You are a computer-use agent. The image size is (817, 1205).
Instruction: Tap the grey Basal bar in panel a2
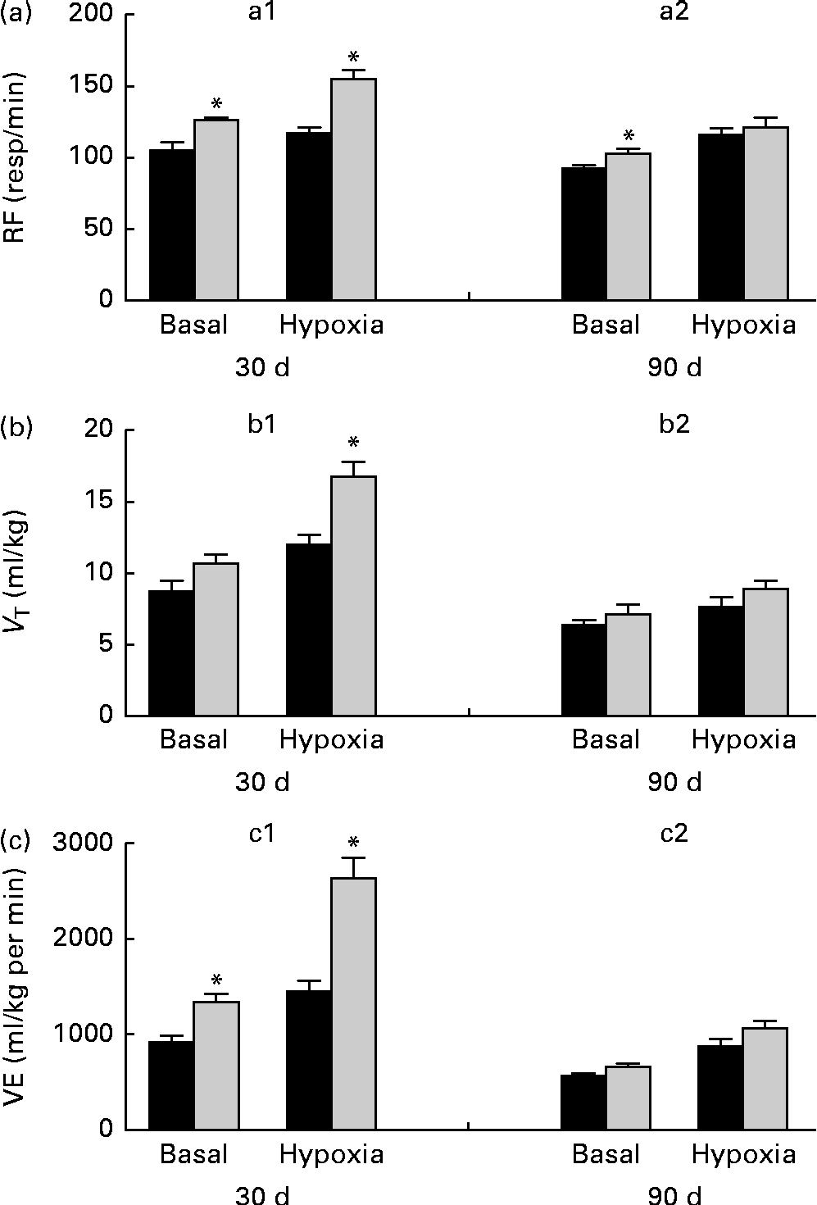coord(629,226)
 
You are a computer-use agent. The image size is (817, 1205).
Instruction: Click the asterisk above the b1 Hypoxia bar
coord(353,443)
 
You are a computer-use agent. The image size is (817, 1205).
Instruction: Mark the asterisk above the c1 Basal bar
coord(216,980)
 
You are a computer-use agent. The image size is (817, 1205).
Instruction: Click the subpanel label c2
coord(674,834)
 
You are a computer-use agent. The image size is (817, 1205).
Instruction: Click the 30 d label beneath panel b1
coord(262,783)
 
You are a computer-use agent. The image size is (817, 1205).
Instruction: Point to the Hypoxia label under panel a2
coord(743,325)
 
